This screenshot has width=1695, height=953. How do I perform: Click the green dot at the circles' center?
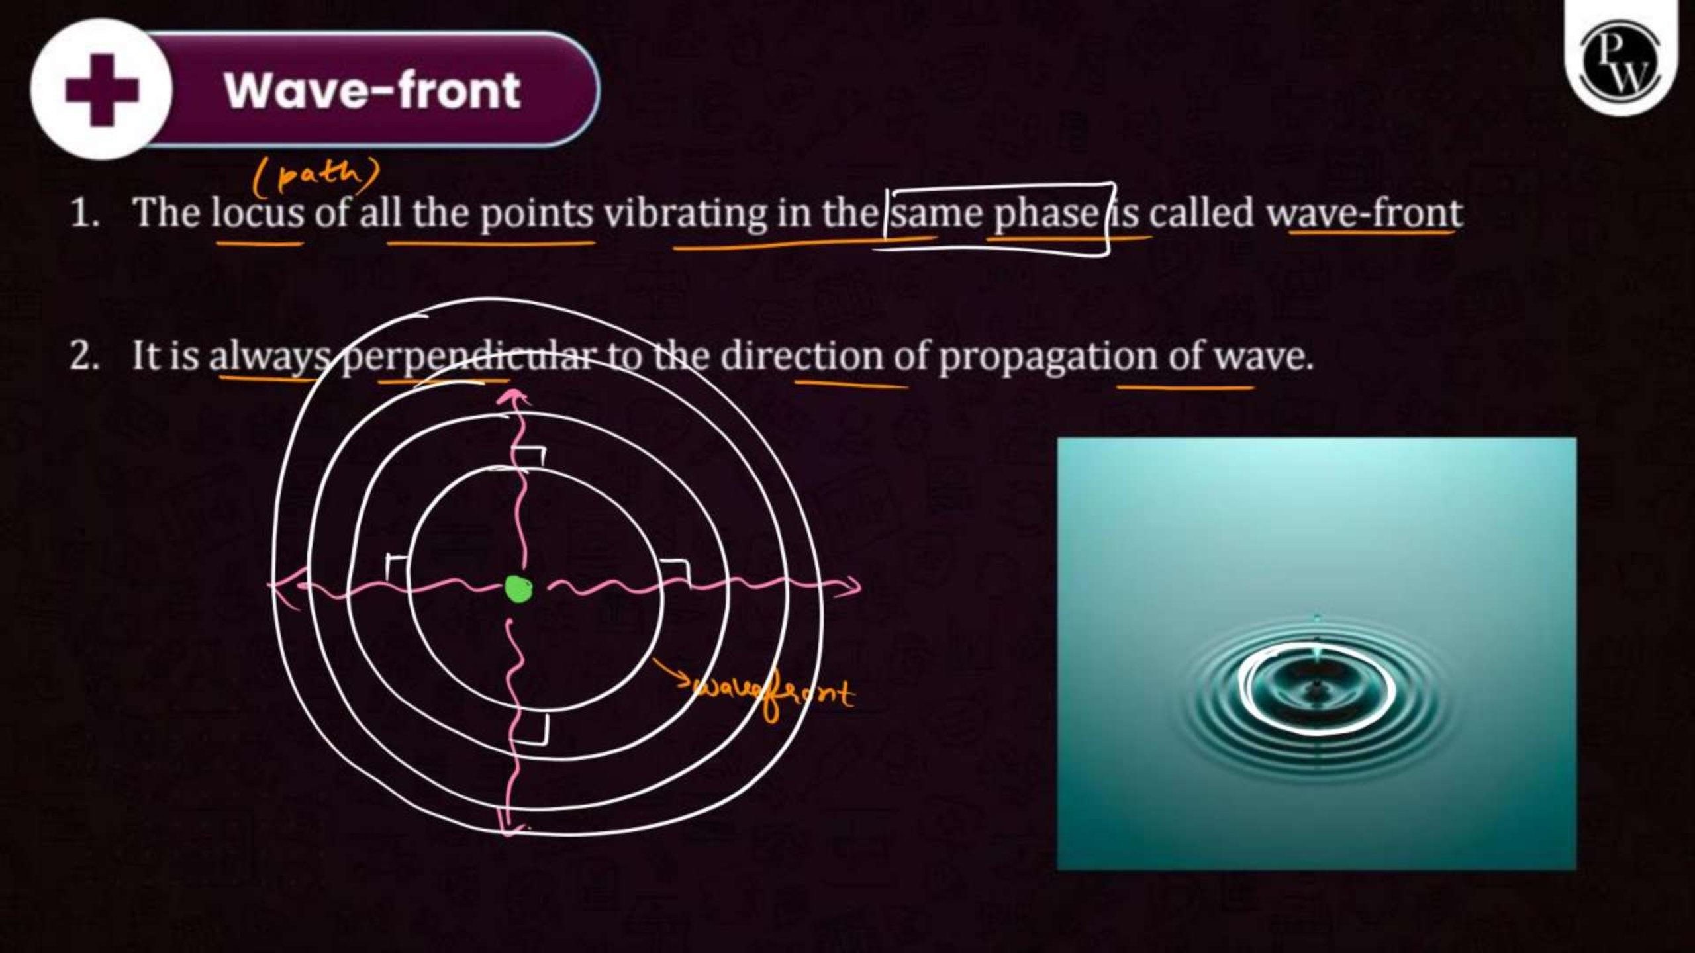click(518, 588)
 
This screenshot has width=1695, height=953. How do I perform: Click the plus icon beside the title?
click(102, 90)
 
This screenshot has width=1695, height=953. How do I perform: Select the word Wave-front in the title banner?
click(373, 91)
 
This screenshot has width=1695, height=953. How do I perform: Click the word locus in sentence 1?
click(258, 214)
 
